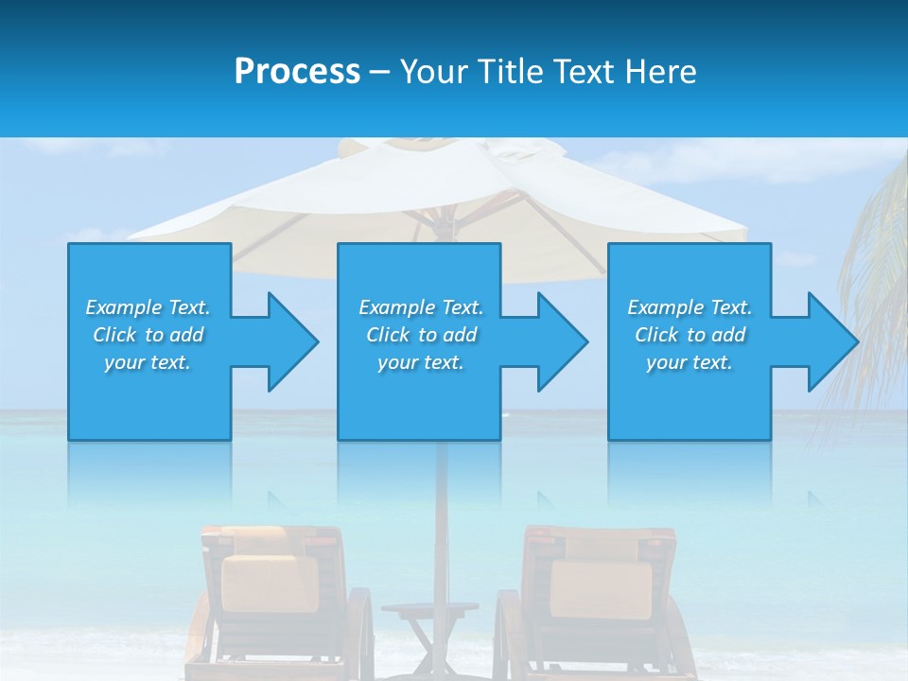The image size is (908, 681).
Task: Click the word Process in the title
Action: coord(297,72)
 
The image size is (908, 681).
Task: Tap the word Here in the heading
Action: coord(661,72)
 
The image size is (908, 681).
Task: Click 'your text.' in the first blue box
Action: coord(148,362)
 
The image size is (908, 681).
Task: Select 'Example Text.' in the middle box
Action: coord(421,307)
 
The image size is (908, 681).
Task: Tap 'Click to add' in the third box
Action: coord(690,335)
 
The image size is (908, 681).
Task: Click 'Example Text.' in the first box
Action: coord(148,307)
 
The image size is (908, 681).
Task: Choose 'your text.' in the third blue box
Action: coord(690,362)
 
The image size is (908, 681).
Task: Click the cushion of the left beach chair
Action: coord(269,582)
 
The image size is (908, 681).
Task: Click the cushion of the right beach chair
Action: coord(601,586)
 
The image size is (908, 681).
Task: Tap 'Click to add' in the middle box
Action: coord(422,335)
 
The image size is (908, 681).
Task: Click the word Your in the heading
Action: coord(434,72)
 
